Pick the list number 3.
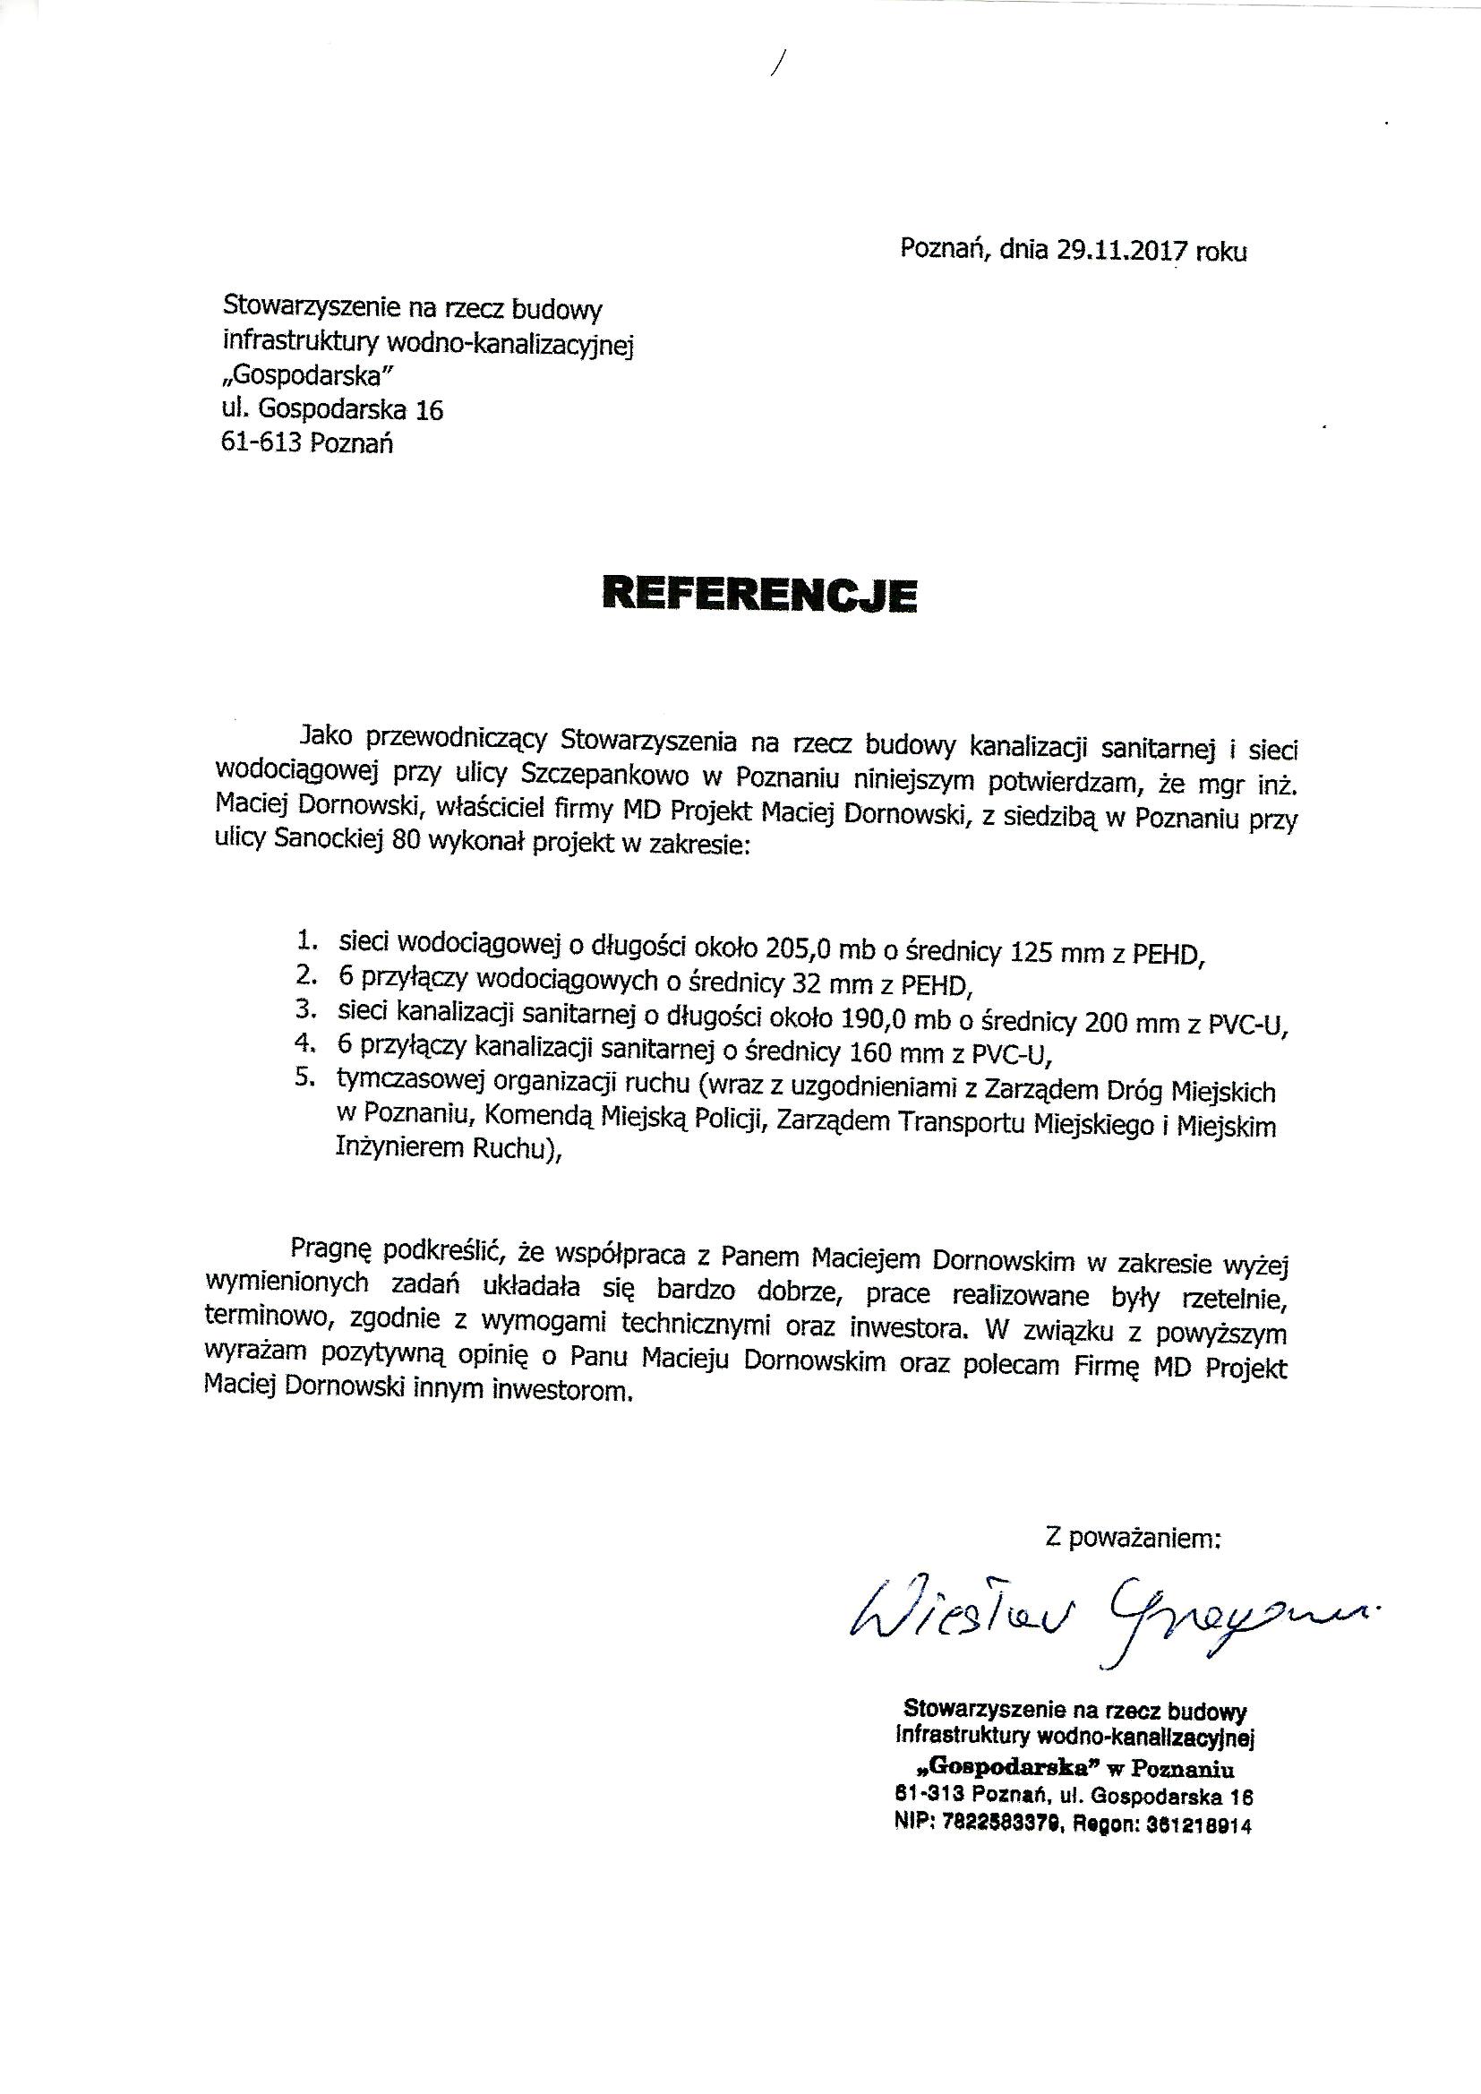(304, 1009)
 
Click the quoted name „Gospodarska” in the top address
(312, 376)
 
